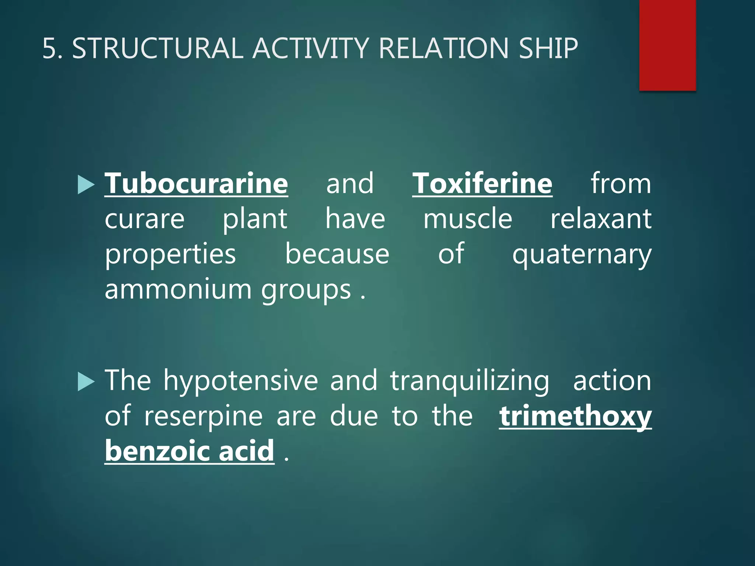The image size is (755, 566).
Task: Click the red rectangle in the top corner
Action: pyautogui.click(x=667, y=45)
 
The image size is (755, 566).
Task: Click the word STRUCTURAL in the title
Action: pyautogui.click(x=157, y=48)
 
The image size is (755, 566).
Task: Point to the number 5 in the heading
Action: pyautogui.click(x=49, y=48)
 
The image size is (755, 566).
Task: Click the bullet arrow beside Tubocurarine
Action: pyautogui.click(x=86, y=185)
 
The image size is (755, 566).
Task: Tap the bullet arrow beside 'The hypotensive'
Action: pyautogui.click(x=86, y=382)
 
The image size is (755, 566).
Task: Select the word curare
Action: pyautogui.click(x=145, y=219)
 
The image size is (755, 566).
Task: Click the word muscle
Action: pyautogui.click(x=467, y=219)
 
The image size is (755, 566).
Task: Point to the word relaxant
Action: pyautogui.click(x=601, y=219)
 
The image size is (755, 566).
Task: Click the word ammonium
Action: pyautogui.click(x=178, y=290)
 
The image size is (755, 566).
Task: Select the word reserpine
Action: pyautogui.click(x=203, y=416)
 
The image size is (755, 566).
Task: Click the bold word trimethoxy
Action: pyautogui.click(x=575, y=416)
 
